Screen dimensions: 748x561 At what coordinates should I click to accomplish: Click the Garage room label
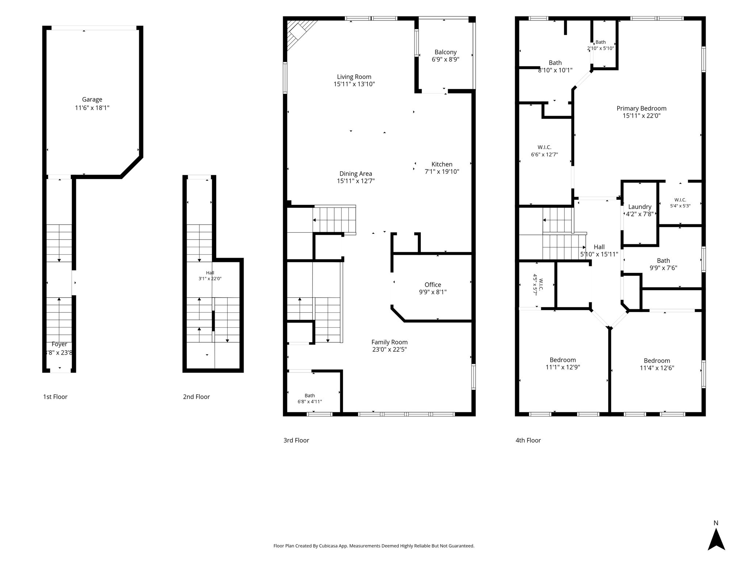click(x=92, y=99)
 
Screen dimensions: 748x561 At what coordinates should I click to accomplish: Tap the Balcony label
click(x=446, y=52)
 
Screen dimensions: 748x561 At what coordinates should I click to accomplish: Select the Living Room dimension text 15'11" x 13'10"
click(x=354, y=84)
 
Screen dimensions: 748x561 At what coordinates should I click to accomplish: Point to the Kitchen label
click(x=442, y=164)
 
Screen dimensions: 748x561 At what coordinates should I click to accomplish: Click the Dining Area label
click(x=356, y=174)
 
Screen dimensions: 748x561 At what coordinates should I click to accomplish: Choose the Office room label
click(x=433, y=285)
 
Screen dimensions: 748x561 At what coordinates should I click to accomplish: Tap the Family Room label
click(x=390, y=342)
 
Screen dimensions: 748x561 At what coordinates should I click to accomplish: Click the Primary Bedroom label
click(x=642, y=108)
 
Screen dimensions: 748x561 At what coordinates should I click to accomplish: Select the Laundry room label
click(x=640, y=207)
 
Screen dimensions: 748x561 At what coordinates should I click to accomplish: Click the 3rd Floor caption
click(x=296, y=440)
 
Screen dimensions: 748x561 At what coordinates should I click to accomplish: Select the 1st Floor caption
click(x=55, y=397)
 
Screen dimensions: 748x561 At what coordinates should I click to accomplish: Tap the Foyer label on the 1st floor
click(x=59, y=344)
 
